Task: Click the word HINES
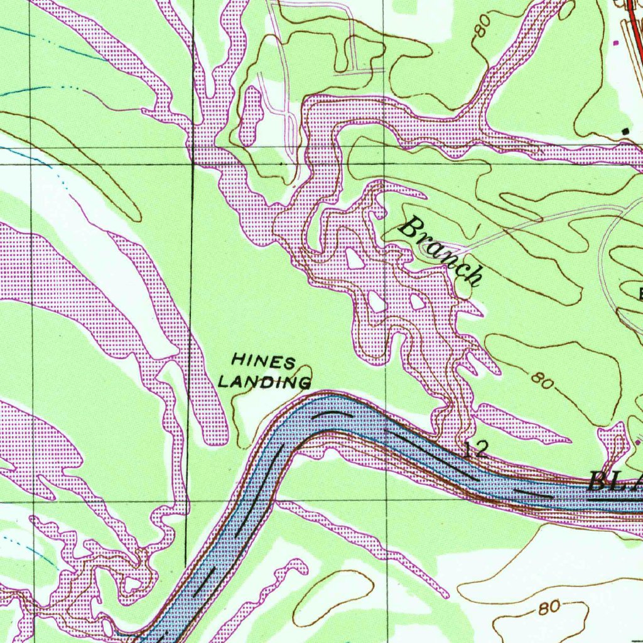click(x=263, y=362)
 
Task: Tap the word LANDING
click(x=264, y=381)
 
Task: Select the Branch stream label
click(x=442, y=251)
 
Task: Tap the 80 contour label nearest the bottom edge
click(x=548, y=608)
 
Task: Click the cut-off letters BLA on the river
click(x=615, y=482)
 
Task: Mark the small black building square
click(x=625, y=131)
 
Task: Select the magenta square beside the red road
click(x=615, y=43)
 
